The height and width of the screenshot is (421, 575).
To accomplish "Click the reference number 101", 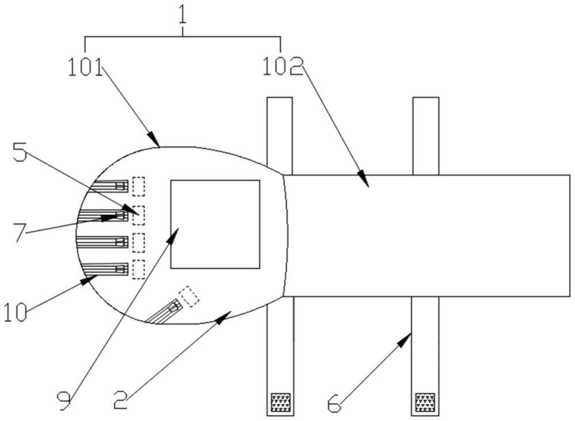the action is [86, 67].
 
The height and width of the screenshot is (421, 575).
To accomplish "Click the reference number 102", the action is [283, 67].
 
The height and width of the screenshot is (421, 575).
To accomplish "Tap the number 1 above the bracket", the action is [182, 14].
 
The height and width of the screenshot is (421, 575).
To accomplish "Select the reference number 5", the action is [20, 152].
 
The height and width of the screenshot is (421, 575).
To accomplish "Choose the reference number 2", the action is [121, 400].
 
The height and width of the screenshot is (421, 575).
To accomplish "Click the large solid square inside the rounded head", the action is [215, 224].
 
